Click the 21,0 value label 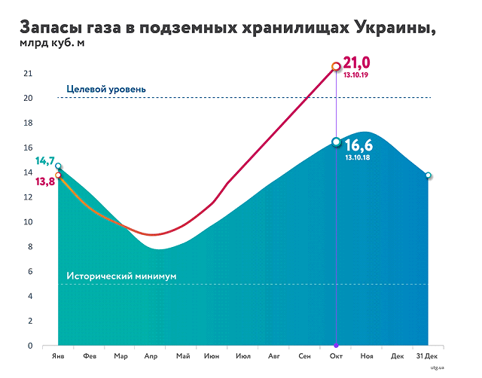pyautogui.click(x=358, y=62)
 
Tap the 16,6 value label pyautogui.click(x=359, y=145)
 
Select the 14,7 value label pyautogui.click(x=44, y=161)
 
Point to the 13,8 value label pyautogui.click(x=45, y=181)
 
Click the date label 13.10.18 pyautogui.click(x=358, y=157)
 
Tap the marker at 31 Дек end pyautogui.click(x=428, y=175)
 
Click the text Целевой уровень pyautogui.click(x=106, y=90)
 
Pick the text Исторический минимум pyautogui.click(x=121, y=276)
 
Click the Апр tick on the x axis pyautogui.click(x=151, y=355)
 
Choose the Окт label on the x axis pyautogui.click(x=336, y=355)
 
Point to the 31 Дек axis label pyautogui.click(x=427, y=355)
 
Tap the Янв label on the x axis pyautogui.click(x=58, y=355)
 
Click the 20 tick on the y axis pyautogui.click(x=28, y=98)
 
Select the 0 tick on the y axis pyautogui.click(x=30, y=346)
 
